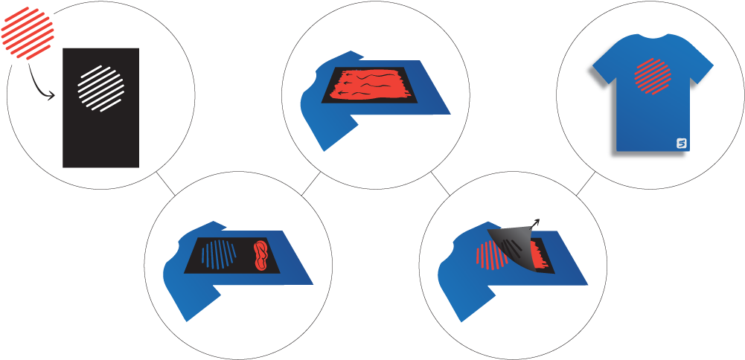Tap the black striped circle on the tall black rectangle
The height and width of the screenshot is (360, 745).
click(101, 89)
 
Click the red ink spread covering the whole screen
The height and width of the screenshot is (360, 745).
click(365, 86)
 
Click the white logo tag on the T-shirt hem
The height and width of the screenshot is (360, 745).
click(681, 143)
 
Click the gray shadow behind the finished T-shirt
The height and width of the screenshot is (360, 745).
click(612, 152)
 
